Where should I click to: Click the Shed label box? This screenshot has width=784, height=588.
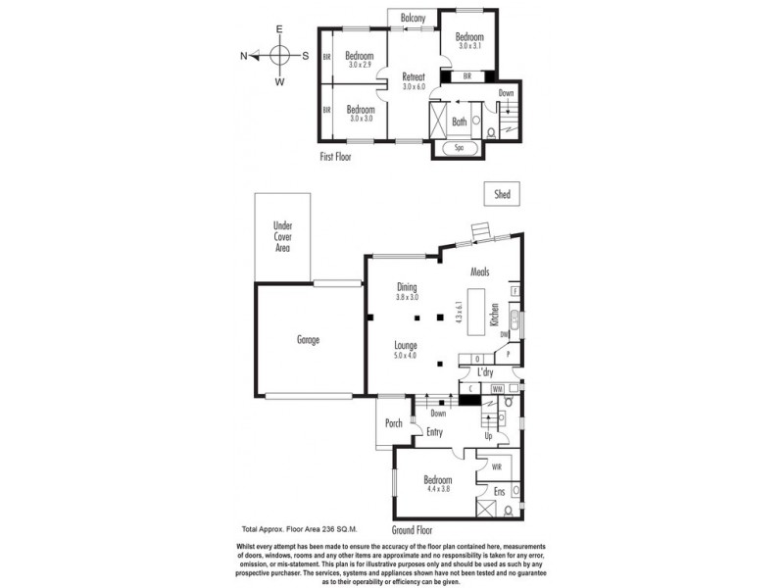point(502,195)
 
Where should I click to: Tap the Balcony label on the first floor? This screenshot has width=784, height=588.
point(413,18)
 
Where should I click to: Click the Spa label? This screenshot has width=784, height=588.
point(459,149)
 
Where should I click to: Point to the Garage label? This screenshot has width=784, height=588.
point(309,340)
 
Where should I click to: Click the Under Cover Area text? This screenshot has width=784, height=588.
point(282,237)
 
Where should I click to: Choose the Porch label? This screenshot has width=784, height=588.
point(393,423)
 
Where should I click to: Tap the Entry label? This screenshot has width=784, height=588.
point(435,432)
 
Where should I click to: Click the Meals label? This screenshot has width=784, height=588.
point(479,272)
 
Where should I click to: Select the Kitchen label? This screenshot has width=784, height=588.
point(496,316)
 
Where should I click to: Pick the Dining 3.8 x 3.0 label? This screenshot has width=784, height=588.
point(407,292)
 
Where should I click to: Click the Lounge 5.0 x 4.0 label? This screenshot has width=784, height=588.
point(407,350)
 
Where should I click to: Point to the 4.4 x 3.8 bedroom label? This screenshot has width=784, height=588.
point(437,484)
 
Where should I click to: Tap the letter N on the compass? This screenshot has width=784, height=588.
point(244,56)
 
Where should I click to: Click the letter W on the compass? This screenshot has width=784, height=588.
point(279,82)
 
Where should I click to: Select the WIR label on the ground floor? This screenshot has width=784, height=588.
point(484,467)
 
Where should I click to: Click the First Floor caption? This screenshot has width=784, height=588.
point(335,156)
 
